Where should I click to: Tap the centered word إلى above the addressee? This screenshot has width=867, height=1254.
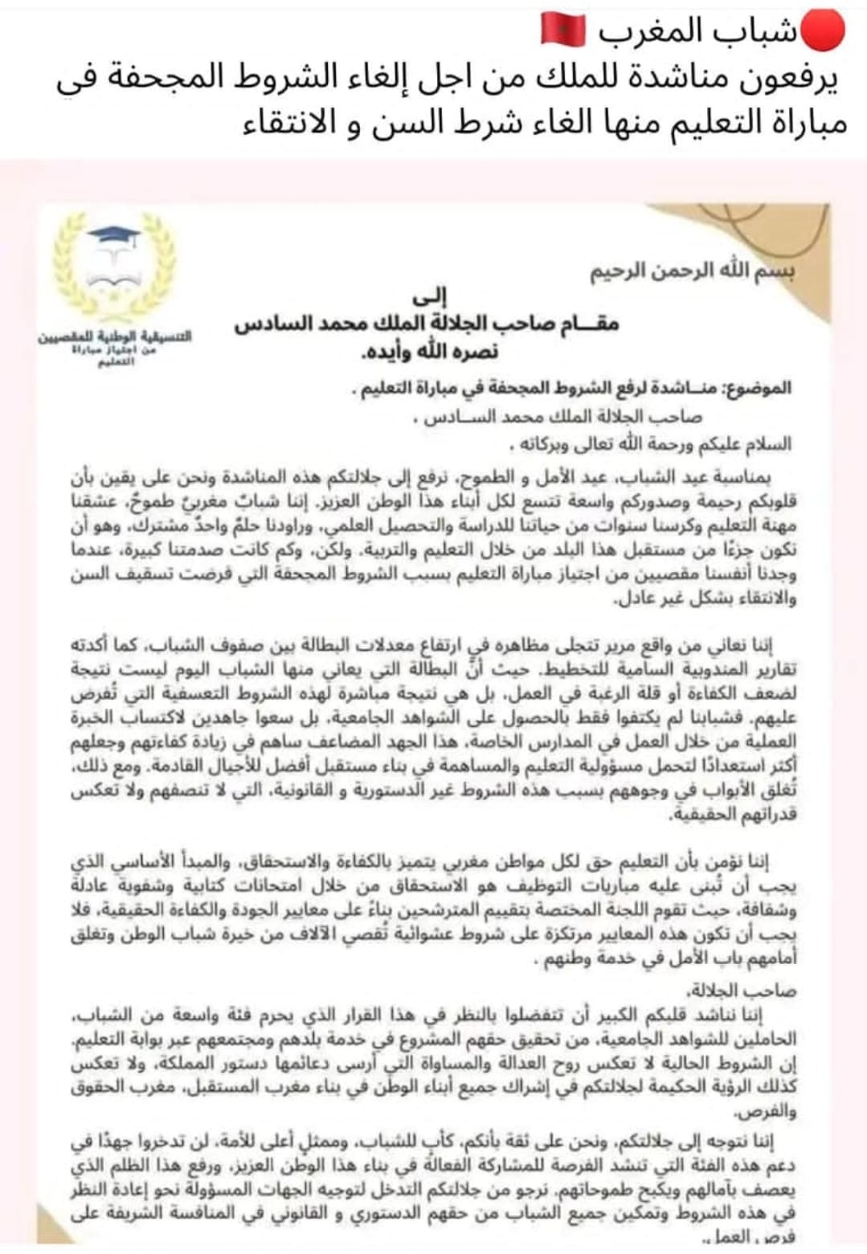tap(438, 296)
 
